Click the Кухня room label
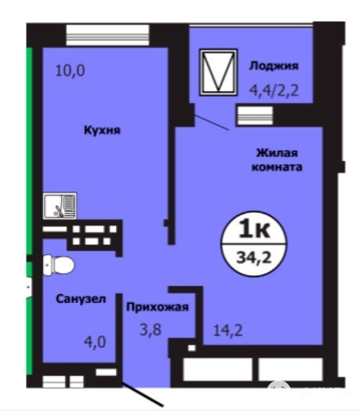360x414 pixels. tap(102, 130)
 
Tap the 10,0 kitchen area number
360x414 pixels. tap(70, 71)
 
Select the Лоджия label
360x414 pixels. tap(274, 66)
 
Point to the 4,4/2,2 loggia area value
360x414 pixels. tap(274, 91)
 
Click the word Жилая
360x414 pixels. tap(276, 153)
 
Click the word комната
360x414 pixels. tap(276, 167)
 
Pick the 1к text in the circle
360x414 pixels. tap(254, 230)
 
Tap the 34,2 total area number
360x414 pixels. tap(254, 257)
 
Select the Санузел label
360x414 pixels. tap(81, 299)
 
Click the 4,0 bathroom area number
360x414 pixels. tap(95, 342)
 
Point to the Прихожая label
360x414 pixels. tap(158, 307)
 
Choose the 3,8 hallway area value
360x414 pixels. tap(150, 330)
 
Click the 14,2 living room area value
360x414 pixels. tap(228, 330)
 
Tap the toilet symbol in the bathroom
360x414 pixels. tap(58, 265)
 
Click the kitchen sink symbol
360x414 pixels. tap(60, 206)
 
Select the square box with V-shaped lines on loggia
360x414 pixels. tap(218, 72)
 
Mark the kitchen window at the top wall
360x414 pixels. tap(107, 35)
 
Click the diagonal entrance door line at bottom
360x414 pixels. tap(142, 394)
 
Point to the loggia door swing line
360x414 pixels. tap(212, 122)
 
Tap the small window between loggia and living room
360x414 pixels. tap(255, 115)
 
